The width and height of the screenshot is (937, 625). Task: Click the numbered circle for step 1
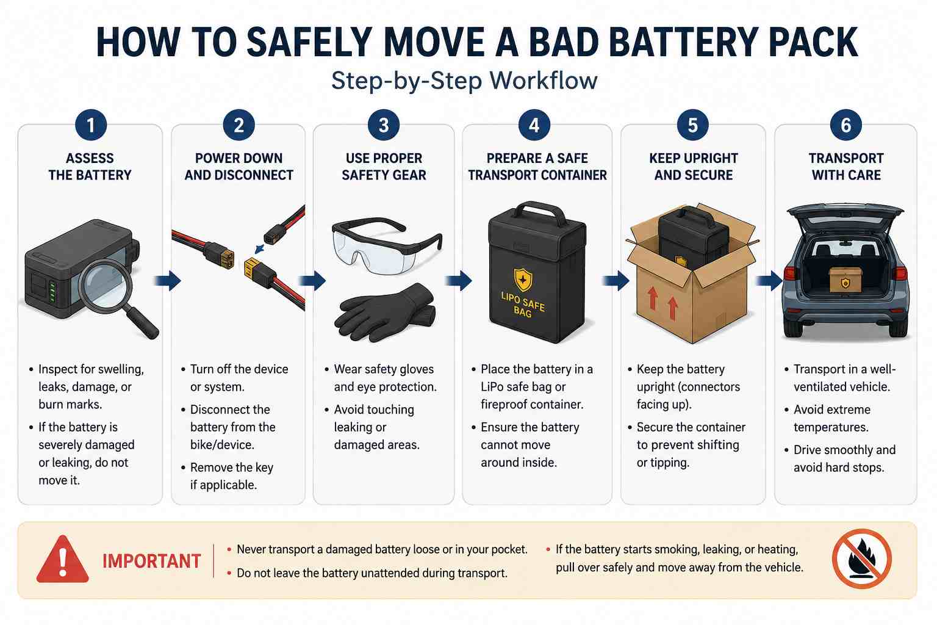tap(91, 125)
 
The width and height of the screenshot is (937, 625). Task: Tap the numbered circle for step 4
tap(534, 125)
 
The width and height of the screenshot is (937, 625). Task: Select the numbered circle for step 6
tap(846, 125)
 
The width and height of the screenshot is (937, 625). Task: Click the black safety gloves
tap(385, 312)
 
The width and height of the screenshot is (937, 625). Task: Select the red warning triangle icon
tap(62, 559)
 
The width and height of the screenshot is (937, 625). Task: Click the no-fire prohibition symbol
tap(862, 559)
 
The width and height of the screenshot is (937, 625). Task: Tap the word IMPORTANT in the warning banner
tap(152, 561)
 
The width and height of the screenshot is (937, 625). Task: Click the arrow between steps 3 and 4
tap(459, 280)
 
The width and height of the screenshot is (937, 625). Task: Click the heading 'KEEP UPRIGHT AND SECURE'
tap(694, 167)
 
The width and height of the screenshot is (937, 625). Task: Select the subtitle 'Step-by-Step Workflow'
tap(464, 81)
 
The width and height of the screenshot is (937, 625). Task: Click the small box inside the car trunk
tap(845, 280)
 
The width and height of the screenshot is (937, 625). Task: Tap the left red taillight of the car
tap(789, 273)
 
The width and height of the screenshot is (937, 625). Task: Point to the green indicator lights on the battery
tap(52, 292)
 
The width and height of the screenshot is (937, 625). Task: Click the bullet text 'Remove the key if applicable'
tap(231, 476)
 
